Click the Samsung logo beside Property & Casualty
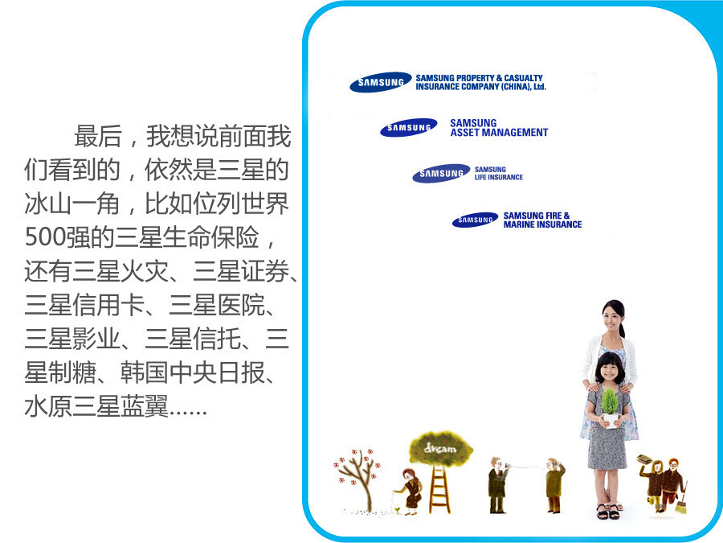tap(381, 82)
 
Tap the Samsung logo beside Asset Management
tap(409, 127)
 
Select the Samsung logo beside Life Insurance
tap(441, 173)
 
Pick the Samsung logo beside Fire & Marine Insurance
tap(476, 220)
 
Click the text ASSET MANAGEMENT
tap(500, 133)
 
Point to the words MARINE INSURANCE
tap(543, 224)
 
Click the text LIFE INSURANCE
tap(499, 177)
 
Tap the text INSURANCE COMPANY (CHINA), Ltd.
tap(481, 87)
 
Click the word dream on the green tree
tap(440, 448)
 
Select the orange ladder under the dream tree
tap(440, 489)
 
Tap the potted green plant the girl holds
tap(610, 407)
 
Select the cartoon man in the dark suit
tap(497, 485)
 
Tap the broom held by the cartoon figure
tap(681, 499)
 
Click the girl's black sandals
tap(608, 512)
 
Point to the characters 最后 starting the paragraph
tap(98, 136)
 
